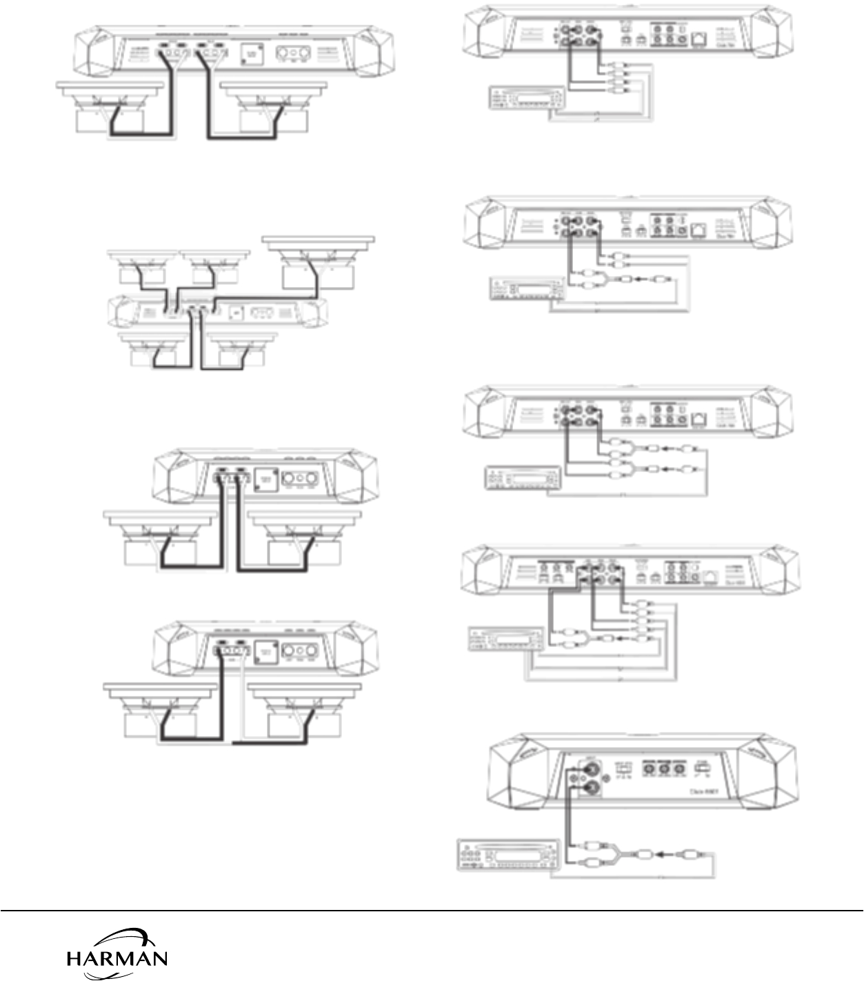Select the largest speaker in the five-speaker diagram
point(318,262)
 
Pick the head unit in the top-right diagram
point(525,97)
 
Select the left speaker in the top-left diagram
point(110,107)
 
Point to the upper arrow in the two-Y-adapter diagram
point(666,449)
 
